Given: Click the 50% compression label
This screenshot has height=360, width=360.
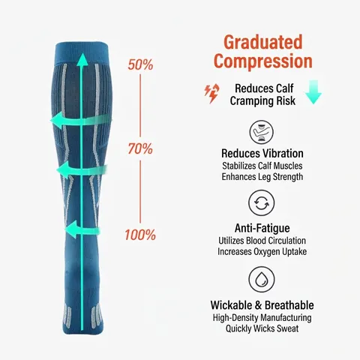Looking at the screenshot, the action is pyautogui.click(x=140, y=64).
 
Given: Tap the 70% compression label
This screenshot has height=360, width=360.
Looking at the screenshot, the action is pyautogui.click(x=140, y=148).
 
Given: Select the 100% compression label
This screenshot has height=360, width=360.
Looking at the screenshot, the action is pyautogui.click(x=140, y=235).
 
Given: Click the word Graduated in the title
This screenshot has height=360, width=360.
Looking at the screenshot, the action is pyautogui.click(x=263, y=42).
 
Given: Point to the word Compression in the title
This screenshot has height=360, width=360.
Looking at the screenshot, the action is pyautogui.click(x=263, y=61).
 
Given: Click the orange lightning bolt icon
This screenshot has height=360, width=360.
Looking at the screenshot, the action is pyautogui.click(x=212, y=94).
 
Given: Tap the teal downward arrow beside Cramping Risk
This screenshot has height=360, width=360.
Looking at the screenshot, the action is pyautogui.click(x=313, y=91).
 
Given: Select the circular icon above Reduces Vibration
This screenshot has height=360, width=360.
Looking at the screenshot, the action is pyautogui.click(x=262, y=132).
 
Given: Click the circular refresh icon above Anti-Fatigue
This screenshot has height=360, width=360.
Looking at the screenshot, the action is pyautogui.click(x=262, y=202).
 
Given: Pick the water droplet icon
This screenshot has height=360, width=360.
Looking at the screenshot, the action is pyautogui.click(x=262, y=279).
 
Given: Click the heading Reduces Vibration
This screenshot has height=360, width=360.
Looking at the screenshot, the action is pyautogui.click(x=262, y=154).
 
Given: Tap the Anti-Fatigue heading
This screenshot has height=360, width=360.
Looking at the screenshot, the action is pyautogui.click(x=262, y=228).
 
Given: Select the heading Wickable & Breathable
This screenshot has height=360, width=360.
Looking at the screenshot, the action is pyautogui.click(x=262, y=305).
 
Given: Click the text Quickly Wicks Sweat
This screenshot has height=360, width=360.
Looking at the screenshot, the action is pyautogui.click(x=262, y=328).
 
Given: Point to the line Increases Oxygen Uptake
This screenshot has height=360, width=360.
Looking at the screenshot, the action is pyautogui.click(x=262, y=251).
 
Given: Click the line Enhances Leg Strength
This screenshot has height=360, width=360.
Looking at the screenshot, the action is pyautogui.click(x=262, y=177).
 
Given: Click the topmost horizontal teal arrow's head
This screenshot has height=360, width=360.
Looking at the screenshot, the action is pyautogui.click(x=57, y=120).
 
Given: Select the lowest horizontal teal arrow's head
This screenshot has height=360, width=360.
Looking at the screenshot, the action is pyautogui.click(x=71, y=229).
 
